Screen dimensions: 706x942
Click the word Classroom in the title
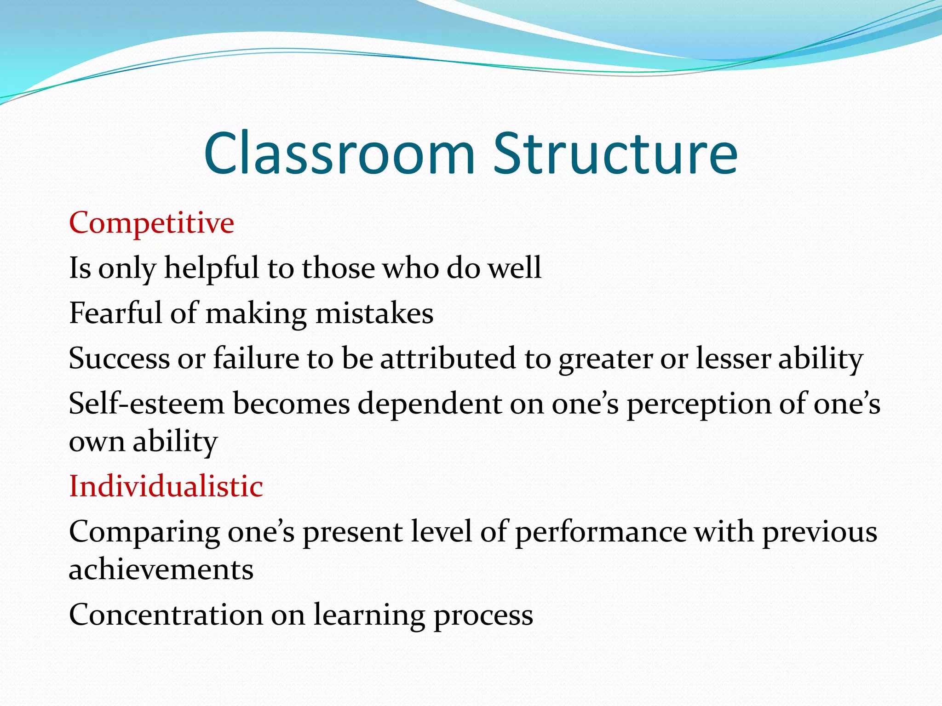tap(339, 154)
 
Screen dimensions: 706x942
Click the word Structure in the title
tap(615, 154)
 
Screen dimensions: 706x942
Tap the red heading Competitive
tap(151, 223)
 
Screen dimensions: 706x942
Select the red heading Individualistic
tap(166, 486)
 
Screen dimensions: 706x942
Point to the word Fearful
tap(115, 313)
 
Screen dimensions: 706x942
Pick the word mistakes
tap(374, 313)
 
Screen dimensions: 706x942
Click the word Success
tap(119, 359)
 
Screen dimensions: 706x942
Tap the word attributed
tap(448, 359)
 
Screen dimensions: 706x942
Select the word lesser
tap(733, 359)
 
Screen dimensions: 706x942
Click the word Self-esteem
tap(146, 404)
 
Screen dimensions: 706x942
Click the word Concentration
tap(166, 615)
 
